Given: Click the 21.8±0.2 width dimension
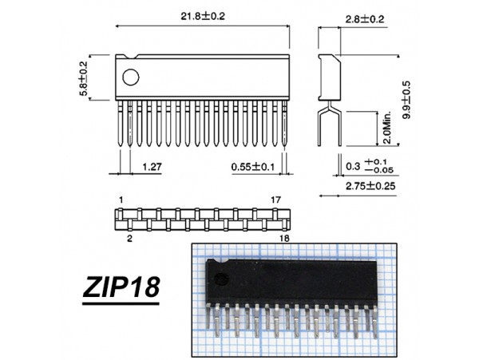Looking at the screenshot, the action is (203, 16).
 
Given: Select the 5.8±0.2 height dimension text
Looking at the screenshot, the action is (83, 79).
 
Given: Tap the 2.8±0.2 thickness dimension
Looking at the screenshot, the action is (365, 19).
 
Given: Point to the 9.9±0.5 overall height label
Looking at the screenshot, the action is (406, 100).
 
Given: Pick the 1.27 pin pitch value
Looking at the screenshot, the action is (152, 167).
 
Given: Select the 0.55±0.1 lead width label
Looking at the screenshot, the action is (252, 167).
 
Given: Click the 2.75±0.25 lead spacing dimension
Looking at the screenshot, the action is (370, 186).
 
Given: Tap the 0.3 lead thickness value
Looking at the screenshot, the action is (353, 166).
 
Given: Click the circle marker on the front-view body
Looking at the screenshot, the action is (131, 77).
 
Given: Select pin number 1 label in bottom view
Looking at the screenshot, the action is (121, 200).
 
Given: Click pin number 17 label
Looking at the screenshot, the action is (275, 200).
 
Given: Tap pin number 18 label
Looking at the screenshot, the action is (284, 239).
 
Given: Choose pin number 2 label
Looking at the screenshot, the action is (130, 239).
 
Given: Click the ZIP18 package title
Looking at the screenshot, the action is (121, 287).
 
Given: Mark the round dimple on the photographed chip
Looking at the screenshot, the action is (222, 279).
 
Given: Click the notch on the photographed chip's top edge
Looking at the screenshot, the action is (220, 261).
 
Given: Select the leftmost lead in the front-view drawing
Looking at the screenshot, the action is (121, 124).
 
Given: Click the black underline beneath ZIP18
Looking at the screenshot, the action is (121, 303).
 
